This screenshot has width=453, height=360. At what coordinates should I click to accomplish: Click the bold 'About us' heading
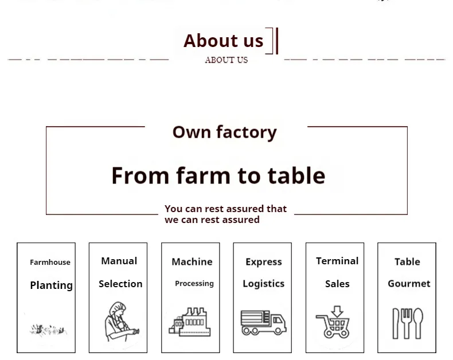pos(223,41)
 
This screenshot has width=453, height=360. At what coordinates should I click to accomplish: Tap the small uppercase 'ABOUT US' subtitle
pos(226,60)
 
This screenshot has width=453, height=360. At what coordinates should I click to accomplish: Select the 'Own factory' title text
pos(224,132)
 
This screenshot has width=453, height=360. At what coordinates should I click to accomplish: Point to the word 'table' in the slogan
pos(296,175)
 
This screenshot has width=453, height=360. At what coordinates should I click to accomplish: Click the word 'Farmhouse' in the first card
pos(50,262)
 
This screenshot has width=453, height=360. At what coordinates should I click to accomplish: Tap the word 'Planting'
pos(52,285)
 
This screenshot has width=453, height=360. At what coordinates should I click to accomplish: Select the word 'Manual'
pos(119,261)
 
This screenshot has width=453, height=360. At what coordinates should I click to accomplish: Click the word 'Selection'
pos(120,284)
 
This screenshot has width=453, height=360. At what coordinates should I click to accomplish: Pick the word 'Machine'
pos(192,262)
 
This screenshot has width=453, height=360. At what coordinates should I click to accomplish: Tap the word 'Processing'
pos(194,283)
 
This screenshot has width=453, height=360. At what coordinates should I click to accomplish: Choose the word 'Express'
pos(264,262)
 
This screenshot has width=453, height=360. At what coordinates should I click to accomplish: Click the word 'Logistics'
pos(263,284)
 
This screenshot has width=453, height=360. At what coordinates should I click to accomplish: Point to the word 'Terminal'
pos(337,261)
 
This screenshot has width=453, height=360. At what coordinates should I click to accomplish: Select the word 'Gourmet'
pos(409,283)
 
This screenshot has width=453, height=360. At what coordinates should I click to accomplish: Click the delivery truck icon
pos(263,322)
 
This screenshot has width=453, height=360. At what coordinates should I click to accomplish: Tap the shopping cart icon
pos(333,322)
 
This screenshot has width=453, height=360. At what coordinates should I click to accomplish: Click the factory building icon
pos(190,322)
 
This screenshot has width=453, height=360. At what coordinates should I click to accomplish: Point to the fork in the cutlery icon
pos(407,323)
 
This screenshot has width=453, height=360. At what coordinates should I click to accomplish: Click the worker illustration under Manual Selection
pos(121,322)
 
